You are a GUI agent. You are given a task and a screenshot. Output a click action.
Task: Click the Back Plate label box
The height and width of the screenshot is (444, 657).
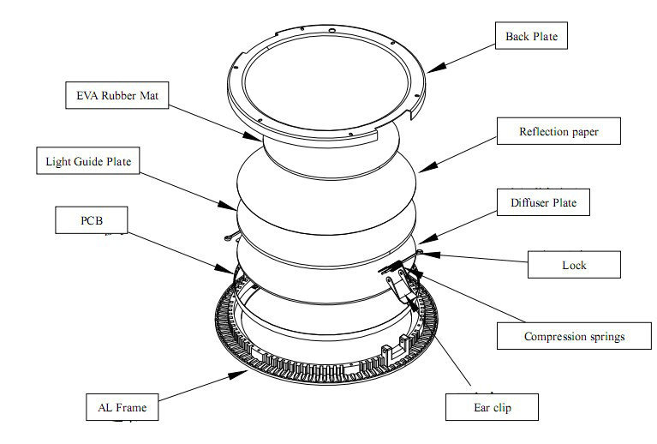tap(531, 36)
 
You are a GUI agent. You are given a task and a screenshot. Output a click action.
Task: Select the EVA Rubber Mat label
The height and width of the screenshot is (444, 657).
tap(116, 95)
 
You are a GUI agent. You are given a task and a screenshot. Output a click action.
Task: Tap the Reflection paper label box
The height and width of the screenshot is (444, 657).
tap(558, 131)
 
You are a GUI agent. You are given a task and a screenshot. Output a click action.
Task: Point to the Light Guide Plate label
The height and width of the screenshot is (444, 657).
tap(88, 160)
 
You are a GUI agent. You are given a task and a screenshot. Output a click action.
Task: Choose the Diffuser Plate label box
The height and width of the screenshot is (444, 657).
tap(543, 202)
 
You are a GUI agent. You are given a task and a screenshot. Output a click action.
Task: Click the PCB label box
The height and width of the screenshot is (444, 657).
tap(92, 220)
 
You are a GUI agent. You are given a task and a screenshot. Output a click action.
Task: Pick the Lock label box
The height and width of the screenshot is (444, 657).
tap(574, 265)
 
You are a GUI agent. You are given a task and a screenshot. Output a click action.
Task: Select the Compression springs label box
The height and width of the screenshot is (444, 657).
tap(574, 336)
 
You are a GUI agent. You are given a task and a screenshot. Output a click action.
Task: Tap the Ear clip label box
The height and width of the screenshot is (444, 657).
tap(492, 407)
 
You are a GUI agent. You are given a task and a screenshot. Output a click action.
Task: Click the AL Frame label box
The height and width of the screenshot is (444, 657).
tap(122, 407)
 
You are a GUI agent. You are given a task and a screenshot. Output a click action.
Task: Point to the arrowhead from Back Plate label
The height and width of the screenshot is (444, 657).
tap(436, 68)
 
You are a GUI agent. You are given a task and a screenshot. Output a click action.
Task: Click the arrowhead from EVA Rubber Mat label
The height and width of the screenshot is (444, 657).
tap(253, 135)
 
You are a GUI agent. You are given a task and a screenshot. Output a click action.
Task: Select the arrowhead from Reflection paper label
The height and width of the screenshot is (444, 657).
tap(427, 167)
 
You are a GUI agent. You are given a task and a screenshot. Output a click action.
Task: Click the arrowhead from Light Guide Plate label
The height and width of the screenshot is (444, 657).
tap(228, 206)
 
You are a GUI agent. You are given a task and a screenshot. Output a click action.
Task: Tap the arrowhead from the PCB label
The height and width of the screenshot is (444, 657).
tap(224, 268)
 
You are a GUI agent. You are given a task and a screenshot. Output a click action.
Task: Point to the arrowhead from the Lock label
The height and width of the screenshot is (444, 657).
tap(431, 255)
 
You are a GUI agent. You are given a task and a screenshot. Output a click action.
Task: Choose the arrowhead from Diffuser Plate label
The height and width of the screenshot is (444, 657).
tap(427, 239)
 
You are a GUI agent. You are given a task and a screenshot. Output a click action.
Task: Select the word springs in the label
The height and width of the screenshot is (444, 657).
tap(606, 337)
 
